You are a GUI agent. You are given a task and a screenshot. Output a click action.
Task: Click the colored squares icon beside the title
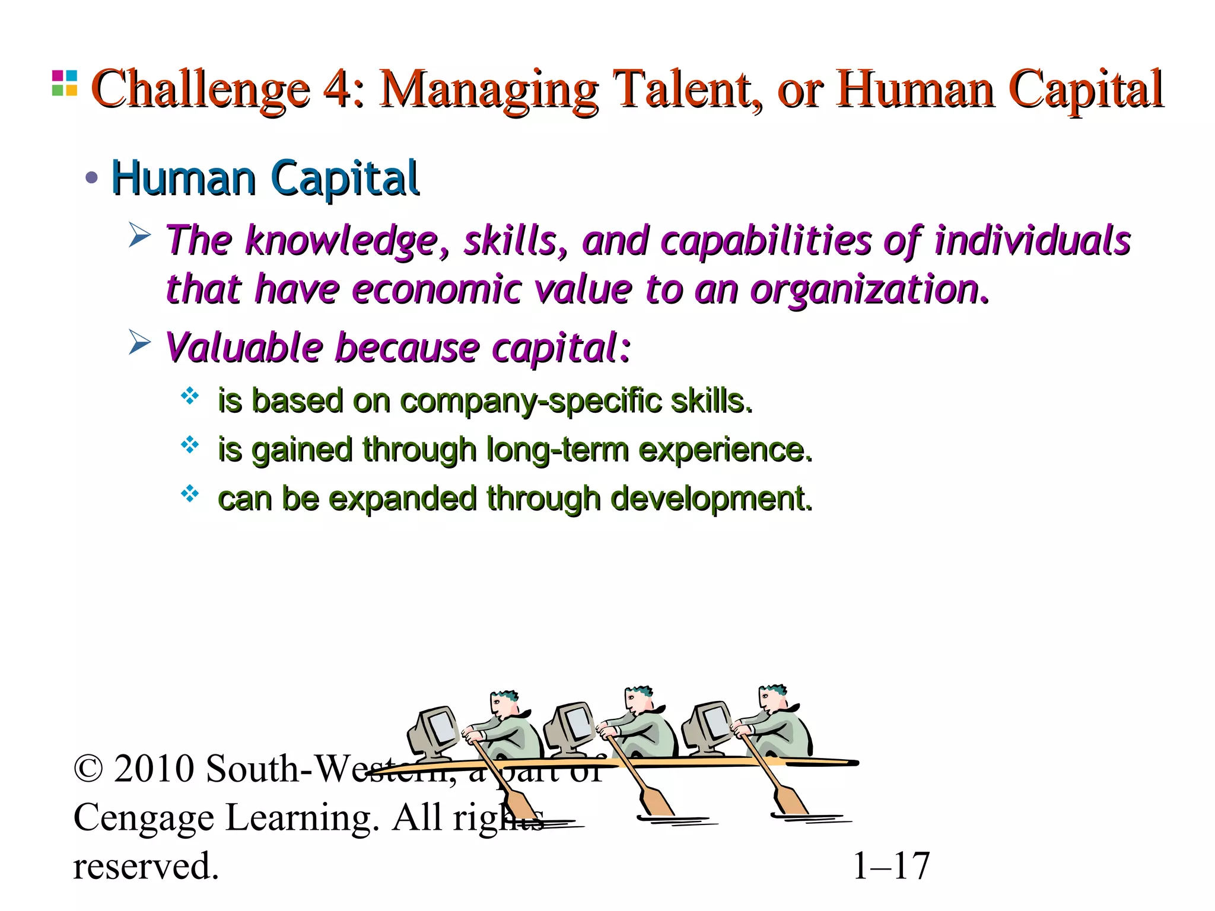pos(64,83)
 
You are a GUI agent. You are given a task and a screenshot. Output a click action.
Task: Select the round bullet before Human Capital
pos(91,177)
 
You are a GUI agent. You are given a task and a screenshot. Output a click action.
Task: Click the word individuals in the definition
pos(1032,240)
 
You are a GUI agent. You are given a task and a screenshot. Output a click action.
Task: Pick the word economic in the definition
pos(436,289)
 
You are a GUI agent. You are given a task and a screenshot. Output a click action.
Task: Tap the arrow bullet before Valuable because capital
pos(140,343)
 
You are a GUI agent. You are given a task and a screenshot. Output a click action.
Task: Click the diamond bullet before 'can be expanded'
pos(190,493)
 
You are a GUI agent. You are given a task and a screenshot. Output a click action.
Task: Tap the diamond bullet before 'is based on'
pos(190,396)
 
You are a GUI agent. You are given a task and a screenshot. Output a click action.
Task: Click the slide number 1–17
pos(890,866)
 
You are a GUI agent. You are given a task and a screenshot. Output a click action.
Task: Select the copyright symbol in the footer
pos(88,769)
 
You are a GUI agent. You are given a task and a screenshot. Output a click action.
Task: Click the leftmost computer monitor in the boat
pos(433,733)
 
